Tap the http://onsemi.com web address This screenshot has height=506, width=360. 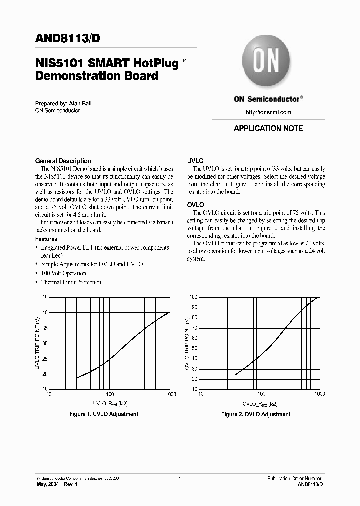pos(268,112)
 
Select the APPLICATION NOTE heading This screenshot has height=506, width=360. pos(268,128)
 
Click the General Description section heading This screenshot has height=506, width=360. pos(63,161)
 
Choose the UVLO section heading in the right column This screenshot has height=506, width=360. pos(195,161)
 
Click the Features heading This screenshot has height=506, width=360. pos(46,239)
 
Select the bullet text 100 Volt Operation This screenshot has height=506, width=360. pos(63,273)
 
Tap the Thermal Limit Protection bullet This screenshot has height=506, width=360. pos(71,282)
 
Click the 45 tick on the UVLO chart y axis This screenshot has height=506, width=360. pos(45,297)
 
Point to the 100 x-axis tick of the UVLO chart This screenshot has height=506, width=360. pos(110,394)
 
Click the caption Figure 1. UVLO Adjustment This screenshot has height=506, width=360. pos(103,414)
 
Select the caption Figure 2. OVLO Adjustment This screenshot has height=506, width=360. pos(256,414)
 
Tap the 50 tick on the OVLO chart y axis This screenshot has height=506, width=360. pos(194,348)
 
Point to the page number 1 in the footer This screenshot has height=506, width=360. pos(179,479)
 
